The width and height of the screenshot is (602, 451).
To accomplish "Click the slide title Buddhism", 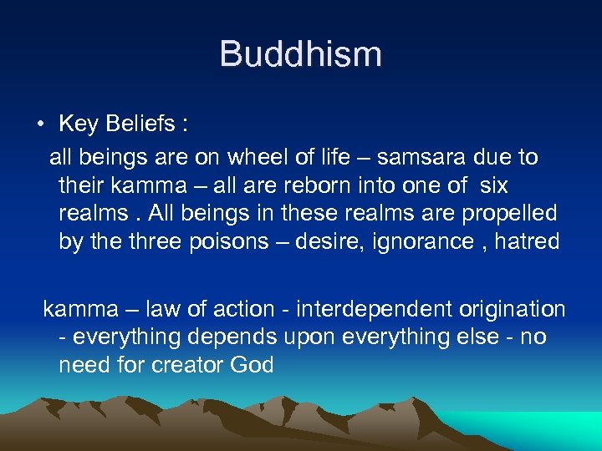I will pos(300,55).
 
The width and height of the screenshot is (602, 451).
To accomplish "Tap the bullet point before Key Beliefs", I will pos(40,125).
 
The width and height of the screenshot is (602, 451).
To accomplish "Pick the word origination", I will pos(513,310).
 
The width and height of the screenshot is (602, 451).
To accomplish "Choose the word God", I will pos(254,366).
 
